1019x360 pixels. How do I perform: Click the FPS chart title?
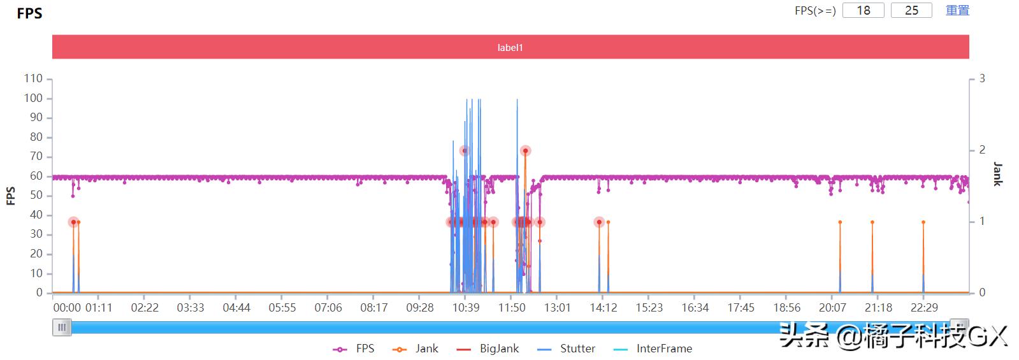[x=29, y=13]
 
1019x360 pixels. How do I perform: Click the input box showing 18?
[x=863, y=10]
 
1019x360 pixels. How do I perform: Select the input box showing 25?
[x=911, y=10]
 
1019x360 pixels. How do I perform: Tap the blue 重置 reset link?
[x=957, y=10]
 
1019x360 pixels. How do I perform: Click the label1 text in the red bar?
[x=510, y=47]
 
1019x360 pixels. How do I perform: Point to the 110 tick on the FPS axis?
[x=33, y=78]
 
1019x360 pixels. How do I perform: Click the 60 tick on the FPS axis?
[x=36, y=176]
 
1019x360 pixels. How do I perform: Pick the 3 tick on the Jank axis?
[x=982, y=78]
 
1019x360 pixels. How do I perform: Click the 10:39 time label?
[x=466, y=308]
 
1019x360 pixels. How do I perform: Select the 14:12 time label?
[x=603, y=308]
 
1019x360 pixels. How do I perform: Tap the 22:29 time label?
[x=924, y=308]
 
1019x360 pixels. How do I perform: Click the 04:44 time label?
[x=236, y=308]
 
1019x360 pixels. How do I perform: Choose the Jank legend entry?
[x=416, y=349]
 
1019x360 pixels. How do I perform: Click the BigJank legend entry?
[x=489, y=349]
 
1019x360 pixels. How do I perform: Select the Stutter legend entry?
[x=567, y=349]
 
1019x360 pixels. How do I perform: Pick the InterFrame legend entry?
[x=653, y=349]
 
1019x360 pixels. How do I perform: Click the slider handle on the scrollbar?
[x=62, y=328]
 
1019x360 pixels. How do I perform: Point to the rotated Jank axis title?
[x=997, y=174]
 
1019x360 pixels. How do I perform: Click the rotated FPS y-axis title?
[x=11, y=196]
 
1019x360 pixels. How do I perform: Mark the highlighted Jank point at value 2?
[x=525, y=151]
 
